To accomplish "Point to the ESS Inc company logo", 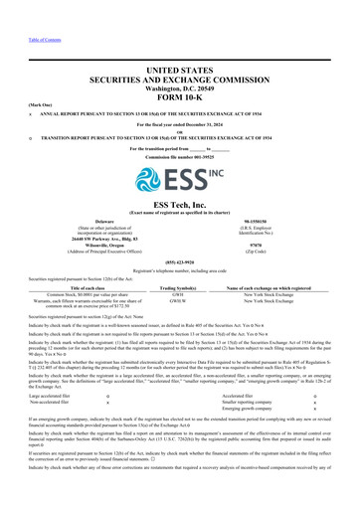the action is [x=180, y=179].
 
